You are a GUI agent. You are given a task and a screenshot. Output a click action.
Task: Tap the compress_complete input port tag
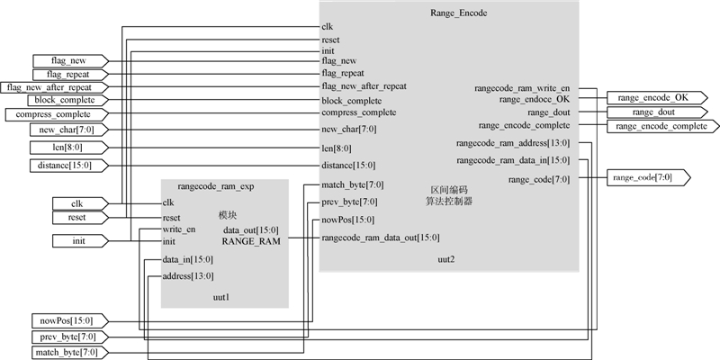(55, 114)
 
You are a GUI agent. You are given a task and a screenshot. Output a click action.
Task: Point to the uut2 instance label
(445, 259)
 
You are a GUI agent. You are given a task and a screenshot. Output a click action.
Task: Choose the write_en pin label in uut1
(179, 229)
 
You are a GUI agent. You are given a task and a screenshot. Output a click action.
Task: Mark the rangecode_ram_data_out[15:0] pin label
(381, 238)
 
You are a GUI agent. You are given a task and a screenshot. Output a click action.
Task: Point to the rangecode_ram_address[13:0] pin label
(513, 143)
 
